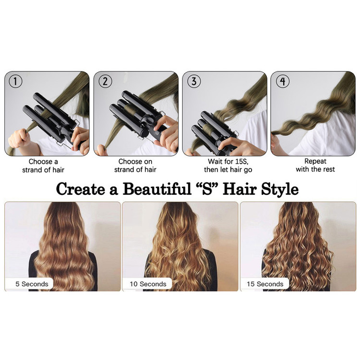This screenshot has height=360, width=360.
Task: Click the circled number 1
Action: [15, 81]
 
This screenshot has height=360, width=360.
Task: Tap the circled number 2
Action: [105, 81]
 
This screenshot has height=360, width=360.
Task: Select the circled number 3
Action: [194, 81]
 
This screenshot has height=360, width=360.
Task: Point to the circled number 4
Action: [283, 81]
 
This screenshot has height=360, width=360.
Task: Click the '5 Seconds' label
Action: [32, 284]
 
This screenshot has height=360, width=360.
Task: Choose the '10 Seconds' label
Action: [148, 284]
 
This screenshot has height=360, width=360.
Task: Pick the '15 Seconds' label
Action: [265, 284]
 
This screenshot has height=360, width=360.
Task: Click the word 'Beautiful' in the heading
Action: [157, 189]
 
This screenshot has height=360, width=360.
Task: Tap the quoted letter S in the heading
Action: [207, 189]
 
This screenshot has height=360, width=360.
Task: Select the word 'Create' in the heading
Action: [80, 189]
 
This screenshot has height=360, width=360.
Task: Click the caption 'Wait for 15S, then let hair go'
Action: [228, 166]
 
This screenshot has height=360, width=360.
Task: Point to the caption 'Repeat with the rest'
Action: [315, 165]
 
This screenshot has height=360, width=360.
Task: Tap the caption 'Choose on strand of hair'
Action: [135, 166]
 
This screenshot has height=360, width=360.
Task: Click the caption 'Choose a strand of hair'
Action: [43, 166]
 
